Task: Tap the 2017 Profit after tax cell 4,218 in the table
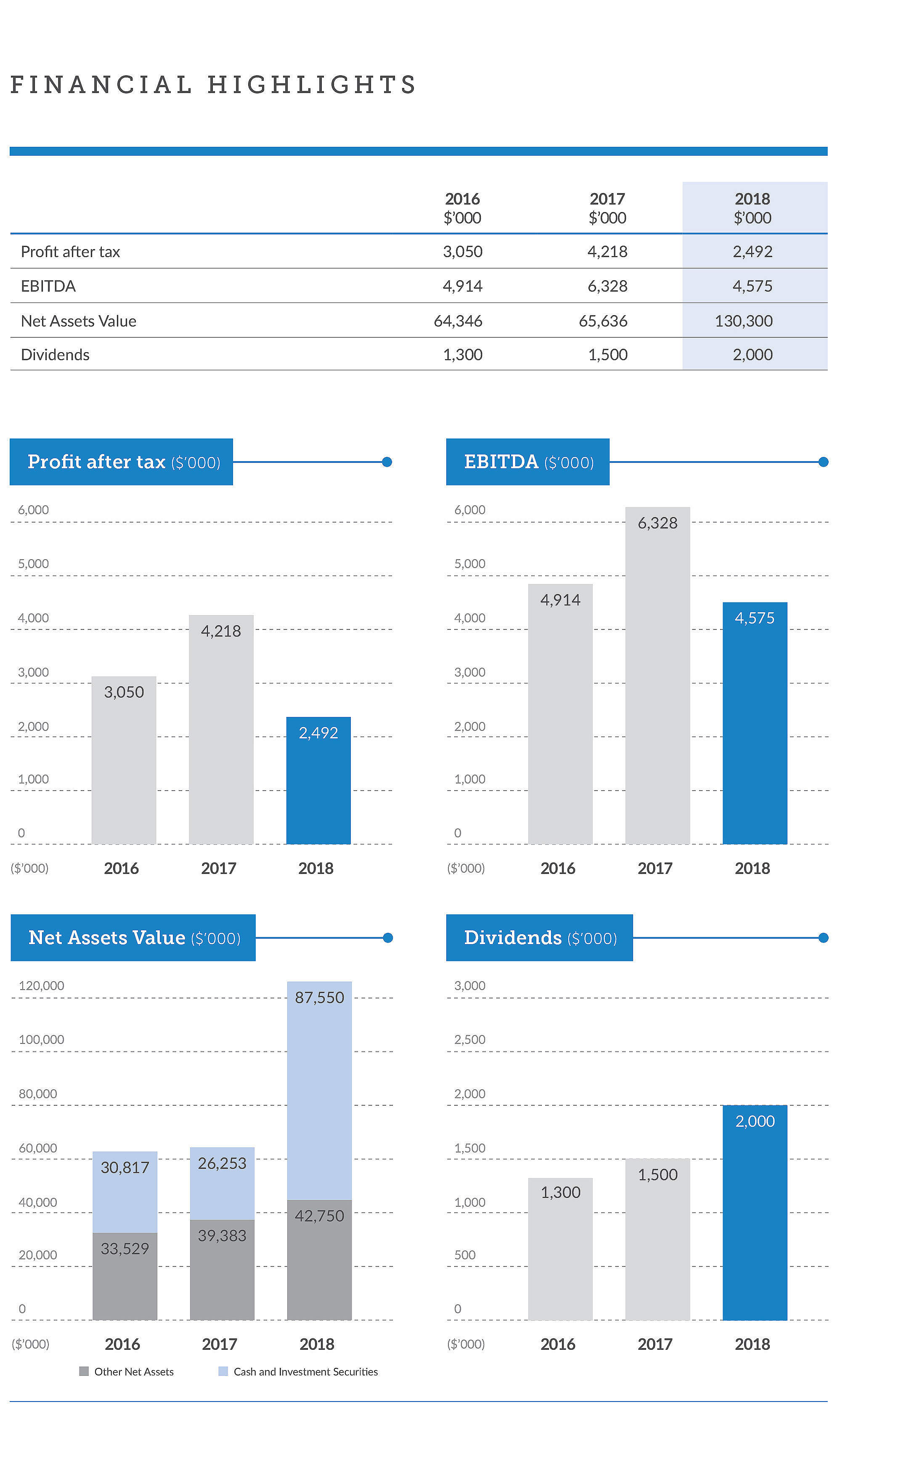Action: pyautogui.click(x=607, y=251)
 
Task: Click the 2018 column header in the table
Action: pyautogui.click(x=752, y=207)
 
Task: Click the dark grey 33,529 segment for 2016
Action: pyautogui.click(x=125, y=1276)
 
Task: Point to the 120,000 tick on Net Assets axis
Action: pyautogui.click(x=41, y=985)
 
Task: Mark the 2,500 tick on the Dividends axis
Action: pyautogui.click(x=469, y=1039)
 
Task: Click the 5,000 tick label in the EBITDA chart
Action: pyautogui.click(x=469, y=564)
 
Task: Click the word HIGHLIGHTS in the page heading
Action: pyautogui.click(x=312, y=85)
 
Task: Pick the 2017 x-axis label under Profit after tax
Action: pyautogui.click(x=218, y=868)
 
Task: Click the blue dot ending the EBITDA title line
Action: pyautogui.click(x=823, y=462)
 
